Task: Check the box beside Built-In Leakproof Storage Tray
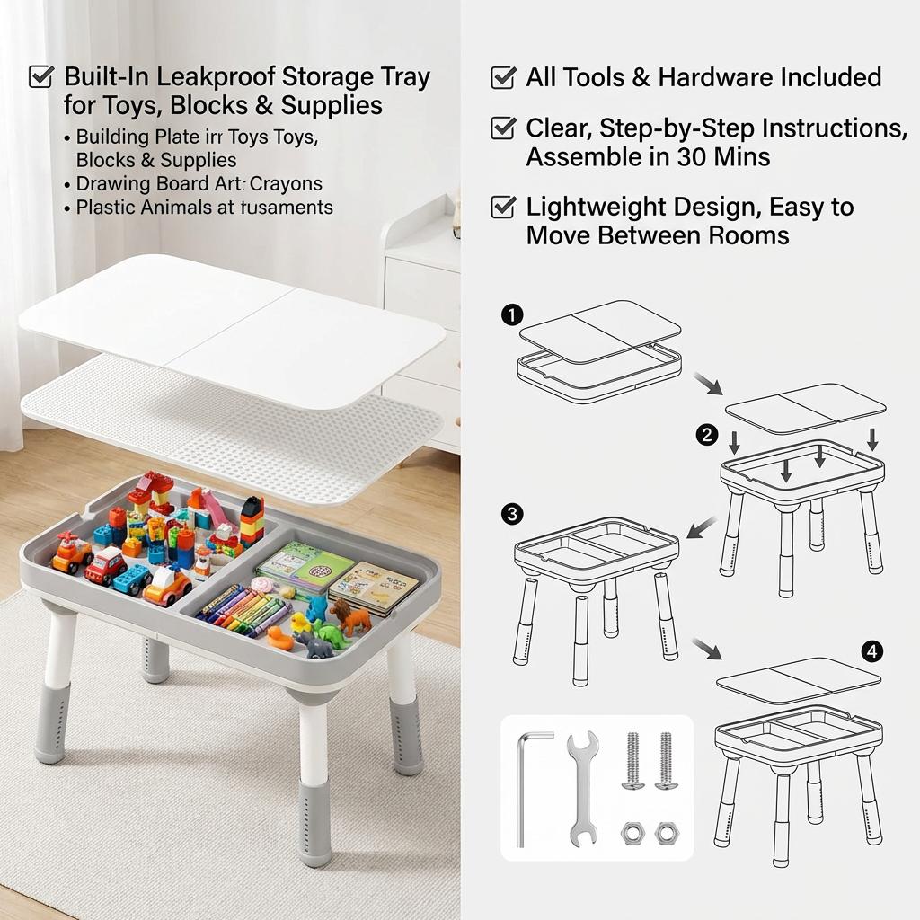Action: tap(41, 76)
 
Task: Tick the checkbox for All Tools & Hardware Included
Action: tap(502, 77)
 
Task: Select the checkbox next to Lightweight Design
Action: tap(502, 208)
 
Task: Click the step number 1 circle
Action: tap(511, 314)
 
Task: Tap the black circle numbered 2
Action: tap(708, 436)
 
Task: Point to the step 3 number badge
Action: tap(511, 514)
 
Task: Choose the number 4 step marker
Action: tap(871, 651)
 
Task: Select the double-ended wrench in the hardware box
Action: tap(582, 787)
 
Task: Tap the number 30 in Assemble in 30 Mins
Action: tap(692, 157)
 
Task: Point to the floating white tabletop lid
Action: tap(232, 328)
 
